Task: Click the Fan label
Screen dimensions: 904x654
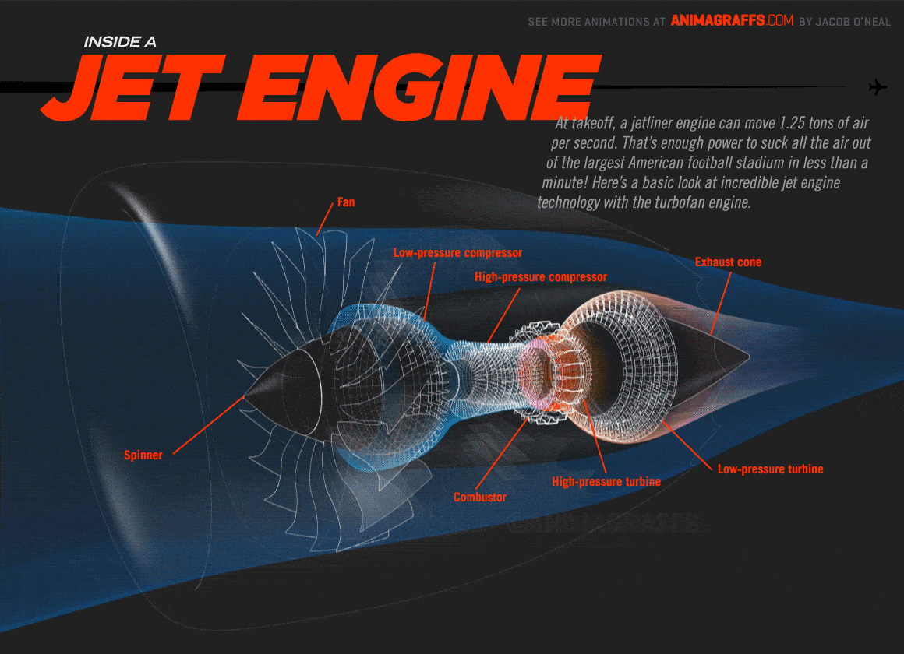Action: [346, 202]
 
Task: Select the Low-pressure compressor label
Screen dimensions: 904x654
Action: [457, 253]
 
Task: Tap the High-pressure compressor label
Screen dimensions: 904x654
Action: [541, 277]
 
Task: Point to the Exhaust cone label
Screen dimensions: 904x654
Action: [728, 262]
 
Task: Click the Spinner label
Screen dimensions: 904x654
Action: [143, 455]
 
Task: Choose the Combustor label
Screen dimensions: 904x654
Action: [480, 498]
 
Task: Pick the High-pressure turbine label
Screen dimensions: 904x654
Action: [606, 482]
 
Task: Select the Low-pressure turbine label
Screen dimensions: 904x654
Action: [770, 469]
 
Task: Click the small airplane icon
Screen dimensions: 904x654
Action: [878, 87]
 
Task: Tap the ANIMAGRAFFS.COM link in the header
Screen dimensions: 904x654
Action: [733, 21]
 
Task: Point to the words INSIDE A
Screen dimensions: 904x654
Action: [120, 42]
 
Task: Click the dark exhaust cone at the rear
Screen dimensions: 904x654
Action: [714, 358]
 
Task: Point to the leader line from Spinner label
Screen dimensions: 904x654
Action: [209, 425]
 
